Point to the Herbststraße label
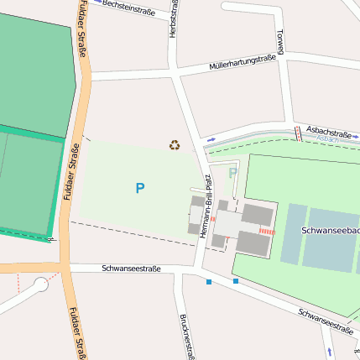(174, 18)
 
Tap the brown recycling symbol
(174, 145)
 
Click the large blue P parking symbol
(139, 189)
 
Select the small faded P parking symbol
(232, 173)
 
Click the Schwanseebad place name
(329, 229)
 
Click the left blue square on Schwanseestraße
(208, 282)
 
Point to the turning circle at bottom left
(40, 284)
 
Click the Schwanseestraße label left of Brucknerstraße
(131, 269)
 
